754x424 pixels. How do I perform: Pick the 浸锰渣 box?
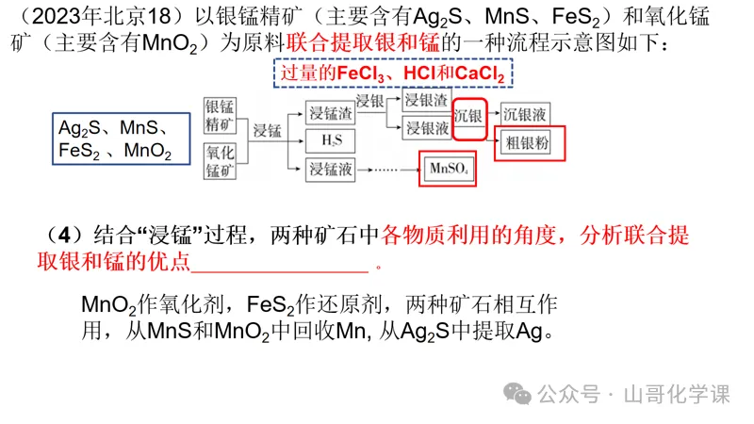click(330, 114)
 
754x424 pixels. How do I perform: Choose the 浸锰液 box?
click(330, 169)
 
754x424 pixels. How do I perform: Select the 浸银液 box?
click(424, 127)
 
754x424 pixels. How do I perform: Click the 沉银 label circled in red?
click(469, 117)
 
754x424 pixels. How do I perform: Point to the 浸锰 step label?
click(269, 131)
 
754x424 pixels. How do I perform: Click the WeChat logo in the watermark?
click(516, 393)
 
